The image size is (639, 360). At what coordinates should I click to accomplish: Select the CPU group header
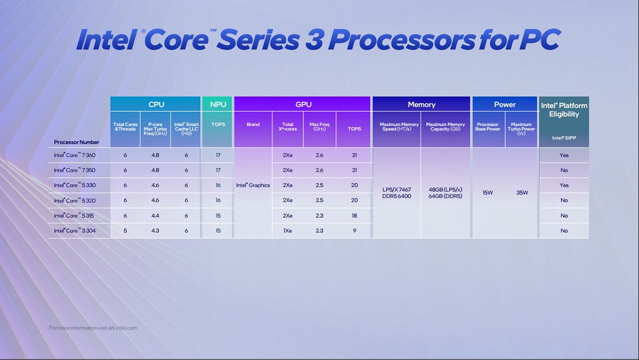(155, 104)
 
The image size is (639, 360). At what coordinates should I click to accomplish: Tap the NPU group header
(218, 104)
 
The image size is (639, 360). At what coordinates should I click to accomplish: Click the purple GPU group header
(303, 104)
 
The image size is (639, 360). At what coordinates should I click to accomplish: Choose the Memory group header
(421, 104)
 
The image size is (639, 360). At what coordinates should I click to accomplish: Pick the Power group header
(504, 104)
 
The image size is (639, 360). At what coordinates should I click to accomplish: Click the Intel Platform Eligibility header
(564, 110)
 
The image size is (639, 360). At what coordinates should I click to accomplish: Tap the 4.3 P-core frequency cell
(155, 231)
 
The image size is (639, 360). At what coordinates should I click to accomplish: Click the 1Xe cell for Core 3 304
(288, 231)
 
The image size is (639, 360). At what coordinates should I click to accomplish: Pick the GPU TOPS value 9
(354, 231)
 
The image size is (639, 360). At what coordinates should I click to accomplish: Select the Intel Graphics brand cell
(253, 185)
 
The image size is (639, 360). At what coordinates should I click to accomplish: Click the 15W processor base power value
(488, 193)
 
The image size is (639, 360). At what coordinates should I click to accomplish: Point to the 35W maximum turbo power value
(522, 193)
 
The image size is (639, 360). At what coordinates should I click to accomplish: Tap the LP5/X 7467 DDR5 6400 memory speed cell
(397, 193)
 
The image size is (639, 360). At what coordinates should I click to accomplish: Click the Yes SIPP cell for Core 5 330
(564, 185)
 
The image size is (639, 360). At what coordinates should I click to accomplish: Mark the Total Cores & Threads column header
(125, 127)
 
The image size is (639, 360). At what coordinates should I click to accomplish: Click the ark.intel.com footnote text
(93, 328)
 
